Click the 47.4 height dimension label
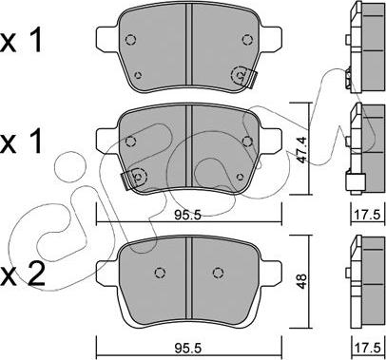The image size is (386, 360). pos(301,149)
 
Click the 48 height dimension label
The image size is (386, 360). pos(301,281)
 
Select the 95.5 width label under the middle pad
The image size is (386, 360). pos(188,216)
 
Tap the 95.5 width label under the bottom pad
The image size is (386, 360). pos(188,348)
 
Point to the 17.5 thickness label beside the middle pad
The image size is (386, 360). pos(367,216)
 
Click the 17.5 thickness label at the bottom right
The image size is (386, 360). pos(367,348)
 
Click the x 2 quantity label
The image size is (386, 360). pos(22,275)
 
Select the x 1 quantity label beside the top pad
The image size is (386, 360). pos(21,41)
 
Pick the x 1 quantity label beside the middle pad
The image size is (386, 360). pos(21,142)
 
